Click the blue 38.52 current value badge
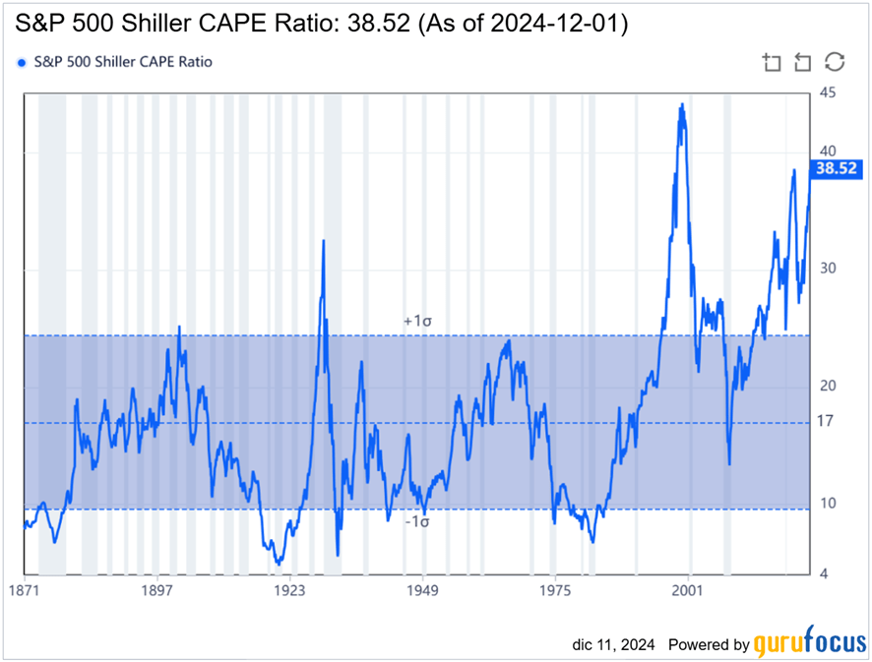[x=836, y=169]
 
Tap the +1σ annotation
[x=417, y=322]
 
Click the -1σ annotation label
[x=417, y=521]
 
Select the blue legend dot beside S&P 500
[x=22, y=62]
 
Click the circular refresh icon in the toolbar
[x=835, y=62]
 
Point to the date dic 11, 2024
[x=613, y=645]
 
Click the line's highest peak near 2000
[x=681, y=104]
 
